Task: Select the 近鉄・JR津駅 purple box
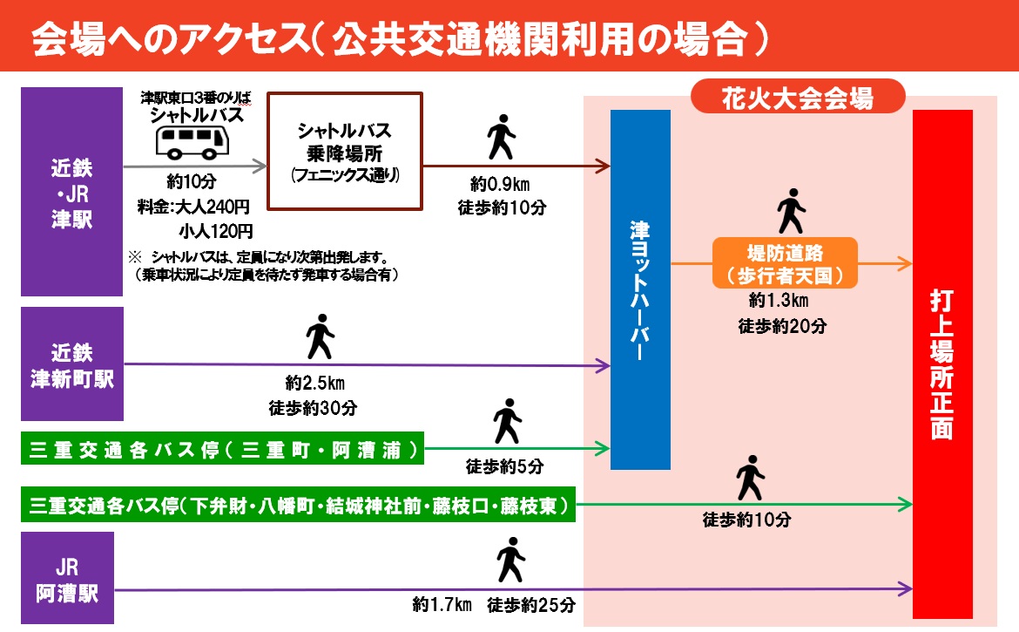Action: pyautogui.click(x=71, y=192)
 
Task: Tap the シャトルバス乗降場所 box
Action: pyautogui.click(x=344, y=152)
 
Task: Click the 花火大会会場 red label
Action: pyautogui.click(x=797, y=98)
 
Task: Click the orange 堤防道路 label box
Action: pyautogui.click(x=785, y=263)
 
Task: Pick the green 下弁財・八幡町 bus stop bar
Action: pyautogui.click(x=299, y=505)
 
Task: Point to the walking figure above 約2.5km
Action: pyautogui.click(x=320, y=336)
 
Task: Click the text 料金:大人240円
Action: pyautogui.click(x=193, y=207)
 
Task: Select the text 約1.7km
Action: pyautogui.click(x=442, y=605)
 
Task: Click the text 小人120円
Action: pyautogui.click(x=216, y=231)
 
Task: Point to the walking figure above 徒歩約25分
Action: pyautogui.click(x=509, y=559)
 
